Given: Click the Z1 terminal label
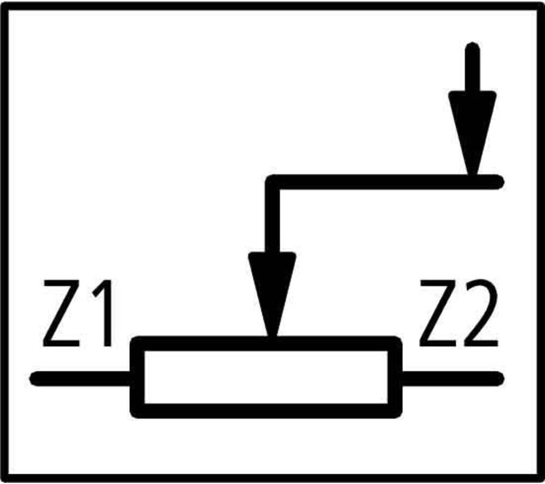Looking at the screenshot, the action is point(77,313).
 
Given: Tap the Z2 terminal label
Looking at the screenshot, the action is point(458,313).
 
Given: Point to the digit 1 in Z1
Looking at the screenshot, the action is point(103,313).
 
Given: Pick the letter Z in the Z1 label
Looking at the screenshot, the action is point(62,313).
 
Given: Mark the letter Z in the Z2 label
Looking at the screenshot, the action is point(438,313).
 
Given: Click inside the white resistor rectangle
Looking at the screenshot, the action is point(266,377).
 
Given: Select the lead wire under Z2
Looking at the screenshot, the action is point(453,379).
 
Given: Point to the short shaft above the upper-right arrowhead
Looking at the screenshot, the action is point(473,66).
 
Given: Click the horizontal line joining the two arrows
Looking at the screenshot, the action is point(384,182).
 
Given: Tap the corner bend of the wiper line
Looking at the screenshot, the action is point(272,182).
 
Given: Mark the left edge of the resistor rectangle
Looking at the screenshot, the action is point(137,377).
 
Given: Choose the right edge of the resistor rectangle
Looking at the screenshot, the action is point(395,377).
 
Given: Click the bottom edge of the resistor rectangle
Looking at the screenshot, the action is point(266,411).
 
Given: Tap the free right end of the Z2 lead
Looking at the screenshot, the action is point(502,379).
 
